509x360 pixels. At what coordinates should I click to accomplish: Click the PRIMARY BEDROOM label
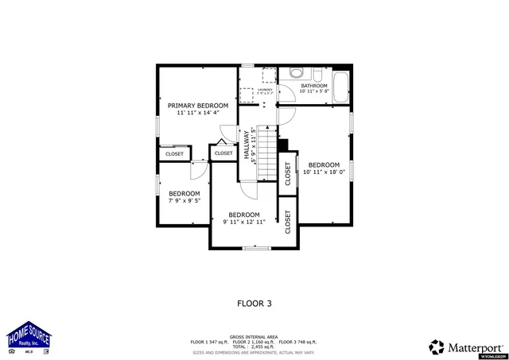pyautogui.click(x=197, y=106)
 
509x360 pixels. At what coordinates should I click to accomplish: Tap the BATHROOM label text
pyautogui.click(x=314, y=85)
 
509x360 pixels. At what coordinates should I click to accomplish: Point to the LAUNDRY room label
pyautogui.click(x=265, y=90)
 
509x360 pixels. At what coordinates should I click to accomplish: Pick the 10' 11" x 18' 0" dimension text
pyautogui.click(x=324, y=172)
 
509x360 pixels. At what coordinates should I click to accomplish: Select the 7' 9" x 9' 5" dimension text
pyautogui.click(x=184, y=200)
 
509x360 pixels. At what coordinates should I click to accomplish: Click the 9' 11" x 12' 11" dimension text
pyautogui.click(x=244, y=222)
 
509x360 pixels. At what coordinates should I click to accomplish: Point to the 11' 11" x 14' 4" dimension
pyautogui.click(x=197, y=113)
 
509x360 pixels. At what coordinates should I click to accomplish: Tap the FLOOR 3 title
pyautogui.click(x=254, y=303)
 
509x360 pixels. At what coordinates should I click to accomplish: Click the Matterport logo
pyautogui.click(x=465, y=346)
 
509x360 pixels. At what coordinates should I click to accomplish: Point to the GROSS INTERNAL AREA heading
pyautogui.click(x=254, y=337)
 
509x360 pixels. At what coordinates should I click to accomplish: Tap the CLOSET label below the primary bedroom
pyautogui.click(x=174, y=153)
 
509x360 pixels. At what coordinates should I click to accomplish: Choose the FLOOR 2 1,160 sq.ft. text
pyautogui.click(x=254, y=342)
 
